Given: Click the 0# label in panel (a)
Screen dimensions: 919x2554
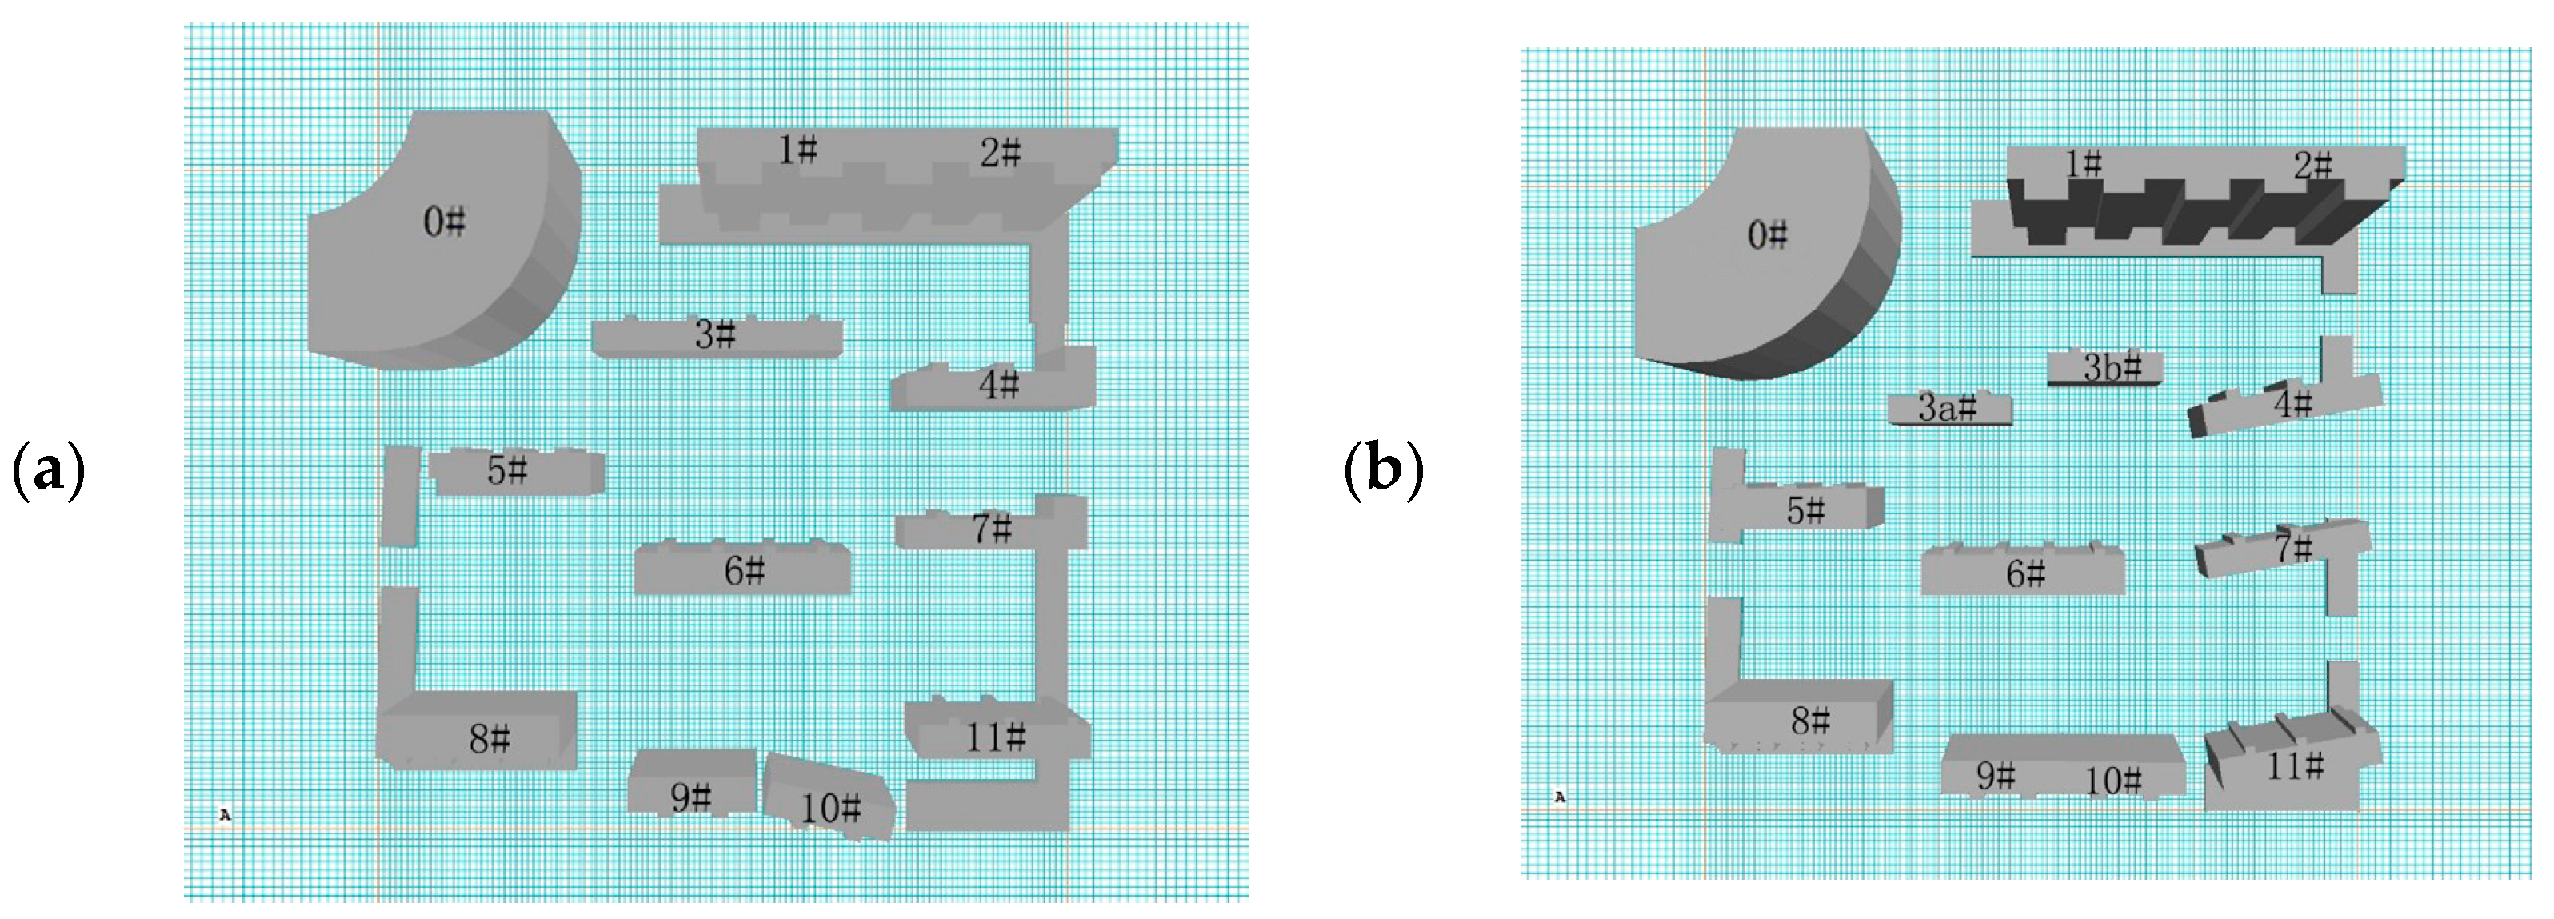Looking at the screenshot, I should (443, 222).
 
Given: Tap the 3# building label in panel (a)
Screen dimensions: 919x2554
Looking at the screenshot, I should (715, 335).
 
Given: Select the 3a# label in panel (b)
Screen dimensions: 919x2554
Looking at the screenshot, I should (1947, 407).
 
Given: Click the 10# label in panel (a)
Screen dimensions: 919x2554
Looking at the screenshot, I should (831, 809).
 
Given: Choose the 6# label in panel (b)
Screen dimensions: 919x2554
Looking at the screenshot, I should (2025, 574).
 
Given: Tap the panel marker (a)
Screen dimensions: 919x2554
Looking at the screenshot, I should (47, 470).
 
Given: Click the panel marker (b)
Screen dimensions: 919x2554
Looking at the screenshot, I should (1384, 470).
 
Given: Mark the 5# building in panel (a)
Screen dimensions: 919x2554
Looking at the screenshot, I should (516, 472).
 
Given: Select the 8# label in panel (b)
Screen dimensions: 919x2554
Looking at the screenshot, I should (1810, 721).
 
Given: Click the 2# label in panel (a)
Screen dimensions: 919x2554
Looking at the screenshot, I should (1001, 153).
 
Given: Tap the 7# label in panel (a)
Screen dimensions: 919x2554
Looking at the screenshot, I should (992, 529).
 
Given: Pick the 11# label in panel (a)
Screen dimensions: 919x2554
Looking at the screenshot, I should (995, 737).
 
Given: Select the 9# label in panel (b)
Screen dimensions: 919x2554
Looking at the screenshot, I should (1996, 777).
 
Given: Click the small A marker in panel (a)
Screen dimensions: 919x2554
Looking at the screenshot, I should (225, 815).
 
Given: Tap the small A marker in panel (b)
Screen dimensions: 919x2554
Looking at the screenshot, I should (1560, 796).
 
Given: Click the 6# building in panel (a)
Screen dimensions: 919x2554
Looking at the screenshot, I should (742, 570).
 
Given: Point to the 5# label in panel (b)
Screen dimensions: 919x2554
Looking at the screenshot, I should (1805, 510).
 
